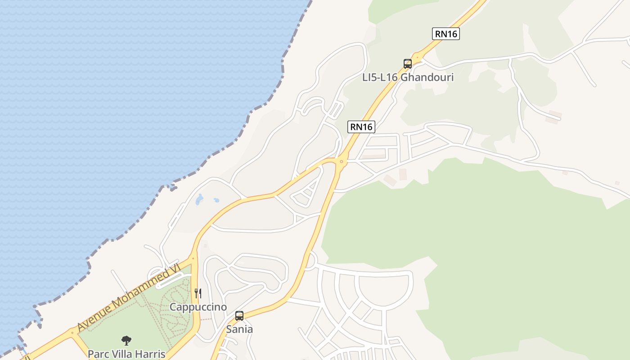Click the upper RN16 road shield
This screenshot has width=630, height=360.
point(446,34)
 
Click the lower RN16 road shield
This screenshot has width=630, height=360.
point(361,127)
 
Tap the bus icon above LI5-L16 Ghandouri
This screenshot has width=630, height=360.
point(408,64)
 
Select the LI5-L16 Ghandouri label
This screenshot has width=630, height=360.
point(408,77)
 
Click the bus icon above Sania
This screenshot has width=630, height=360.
point(239,316)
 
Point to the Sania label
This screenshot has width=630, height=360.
point(239,329)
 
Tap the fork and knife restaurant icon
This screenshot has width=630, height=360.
point(198,293)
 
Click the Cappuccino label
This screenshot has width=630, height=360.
point(198,307)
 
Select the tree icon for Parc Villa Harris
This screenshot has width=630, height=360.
point(126,341)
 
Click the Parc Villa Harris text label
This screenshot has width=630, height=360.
point(126,354)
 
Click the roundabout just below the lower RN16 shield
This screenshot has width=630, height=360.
point(342,161)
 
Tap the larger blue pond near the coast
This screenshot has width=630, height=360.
point(199,199)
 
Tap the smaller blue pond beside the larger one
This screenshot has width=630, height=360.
point(216,200)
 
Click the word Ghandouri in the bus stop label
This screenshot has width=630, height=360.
point(427,77)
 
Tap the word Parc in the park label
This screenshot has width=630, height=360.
point(99,354)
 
